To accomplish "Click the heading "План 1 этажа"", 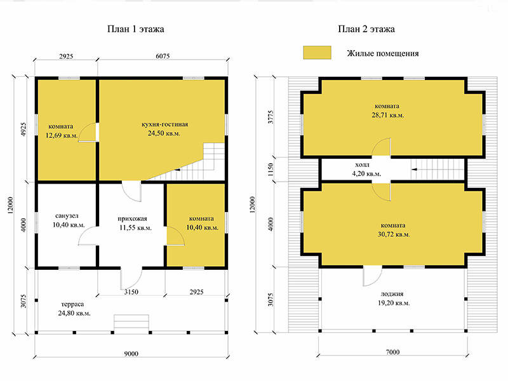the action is pos(135,29).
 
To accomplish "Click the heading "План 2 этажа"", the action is pos(366,29).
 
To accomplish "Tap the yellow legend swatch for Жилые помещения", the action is pos(317,53).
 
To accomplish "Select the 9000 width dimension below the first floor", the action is pos(131,354).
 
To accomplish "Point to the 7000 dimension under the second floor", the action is pos(392,352).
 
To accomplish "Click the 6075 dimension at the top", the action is pos(163,56).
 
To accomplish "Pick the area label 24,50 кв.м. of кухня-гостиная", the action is pos(164,133).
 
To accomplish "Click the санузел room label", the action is pos(67,216).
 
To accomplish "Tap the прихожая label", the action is pos(132,218).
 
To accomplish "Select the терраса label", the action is pos(72,304).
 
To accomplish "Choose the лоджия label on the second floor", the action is pos(392,294).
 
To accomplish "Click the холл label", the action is pos(362,164).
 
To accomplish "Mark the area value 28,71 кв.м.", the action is pos(388,115).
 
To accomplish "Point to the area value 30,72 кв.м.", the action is pos(394,234).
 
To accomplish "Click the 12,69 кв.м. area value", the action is pos(62,135).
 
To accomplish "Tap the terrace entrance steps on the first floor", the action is pos(131,323).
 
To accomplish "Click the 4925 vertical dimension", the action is pos(23,129).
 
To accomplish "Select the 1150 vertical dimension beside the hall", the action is pos(271,170).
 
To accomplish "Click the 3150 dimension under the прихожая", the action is pos(131,292).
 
